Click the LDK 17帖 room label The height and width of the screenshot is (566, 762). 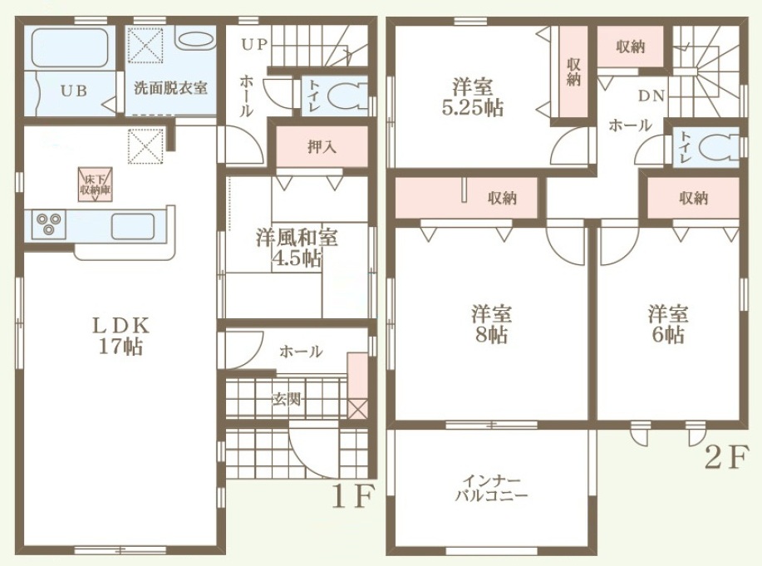tap(121, 336)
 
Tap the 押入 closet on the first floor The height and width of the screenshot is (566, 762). tap(322, 146)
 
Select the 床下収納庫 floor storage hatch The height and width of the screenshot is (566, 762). tap(96, 185)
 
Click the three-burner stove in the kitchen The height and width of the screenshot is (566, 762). tap(48, 224)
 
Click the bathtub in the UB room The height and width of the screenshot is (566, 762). tap(70, 47)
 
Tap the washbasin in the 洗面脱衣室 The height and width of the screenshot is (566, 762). tap(194, 40)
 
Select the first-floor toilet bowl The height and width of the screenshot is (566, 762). tap(347, 96)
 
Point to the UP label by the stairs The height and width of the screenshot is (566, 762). tap(254, 45)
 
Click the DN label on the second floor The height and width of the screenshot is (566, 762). tap(651, 96)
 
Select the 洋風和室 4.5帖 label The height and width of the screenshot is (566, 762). tap(297, 249)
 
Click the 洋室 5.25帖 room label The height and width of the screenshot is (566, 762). tap(472, 98)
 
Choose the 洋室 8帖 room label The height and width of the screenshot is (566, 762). tap(491, 324)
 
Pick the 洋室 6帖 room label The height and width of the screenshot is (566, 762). tap(668, 324)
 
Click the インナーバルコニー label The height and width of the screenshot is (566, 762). tap(491, 489)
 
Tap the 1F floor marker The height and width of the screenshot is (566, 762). tap(353, 496)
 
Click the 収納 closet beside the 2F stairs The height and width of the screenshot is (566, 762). tap(630, 47)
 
